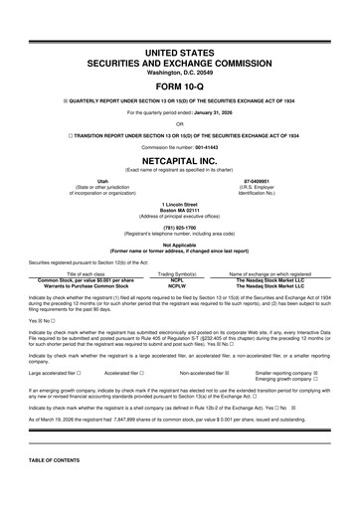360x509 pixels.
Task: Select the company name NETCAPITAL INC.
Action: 179,157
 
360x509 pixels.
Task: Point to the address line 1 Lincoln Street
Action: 179,204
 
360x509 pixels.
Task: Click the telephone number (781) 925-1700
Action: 179,227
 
